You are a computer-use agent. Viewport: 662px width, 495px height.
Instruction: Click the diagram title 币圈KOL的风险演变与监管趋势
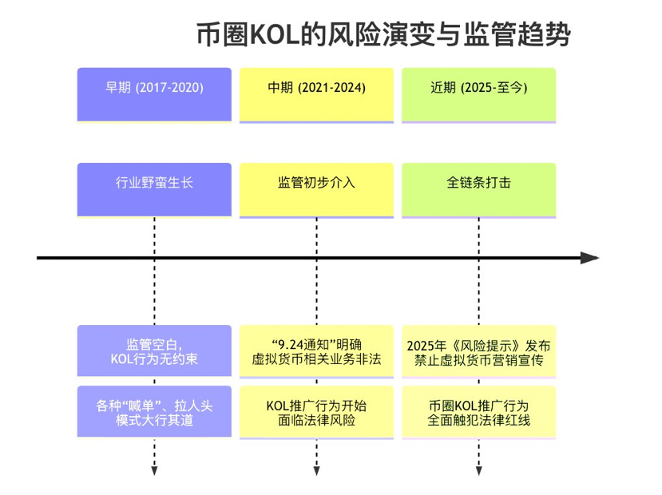click(383, 34)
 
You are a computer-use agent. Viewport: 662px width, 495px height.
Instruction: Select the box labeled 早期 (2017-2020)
click(154, 94)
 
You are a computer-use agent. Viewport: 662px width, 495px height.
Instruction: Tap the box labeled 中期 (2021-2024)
click(316, 94)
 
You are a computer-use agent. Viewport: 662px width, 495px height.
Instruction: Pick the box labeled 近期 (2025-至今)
click(478, 94)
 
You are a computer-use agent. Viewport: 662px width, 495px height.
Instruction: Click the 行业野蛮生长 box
click(154, 189)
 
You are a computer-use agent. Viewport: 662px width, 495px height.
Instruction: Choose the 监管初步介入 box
click(316, 189)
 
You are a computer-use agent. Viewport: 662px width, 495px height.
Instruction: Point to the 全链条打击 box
click(478, 189)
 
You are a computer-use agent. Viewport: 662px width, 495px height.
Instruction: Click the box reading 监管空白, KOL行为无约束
click(154, 351)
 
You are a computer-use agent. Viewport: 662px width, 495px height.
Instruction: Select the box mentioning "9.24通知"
click(316, 351)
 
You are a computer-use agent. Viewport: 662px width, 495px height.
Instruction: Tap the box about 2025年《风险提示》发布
click(478, 351)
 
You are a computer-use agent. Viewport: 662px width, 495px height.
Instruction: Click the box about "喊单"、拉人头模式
click(154, 412)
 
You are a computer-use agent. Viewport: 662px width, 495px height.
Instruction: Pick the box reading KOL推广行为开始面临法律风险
click(316, 412)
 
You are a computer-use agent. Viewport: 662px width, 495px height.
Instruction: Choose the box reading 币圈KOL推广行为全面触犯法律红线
click(478, 412)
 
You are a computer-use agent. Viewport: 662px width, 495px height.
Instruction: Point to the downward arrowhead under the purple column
click(154, 470)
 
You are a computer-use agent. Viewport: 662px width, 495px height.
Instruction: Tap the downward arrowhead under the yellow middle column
click(316, 470)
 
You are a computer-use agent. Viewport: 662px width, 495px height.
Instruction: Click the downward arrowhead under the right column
click(478, 470)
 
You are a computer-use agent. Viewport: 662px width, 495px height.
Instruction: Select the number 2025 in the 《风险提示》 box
click(421, 346)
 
